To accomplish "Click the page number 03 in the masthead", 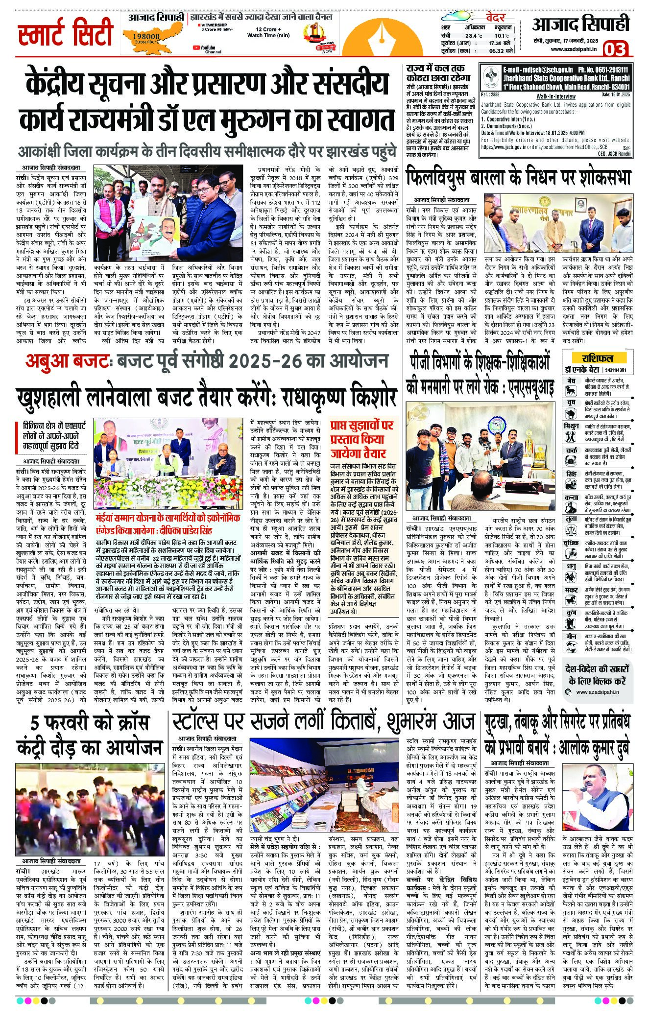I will coord(616,49).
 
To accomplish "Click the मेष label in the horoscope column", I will coord(571,380).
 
